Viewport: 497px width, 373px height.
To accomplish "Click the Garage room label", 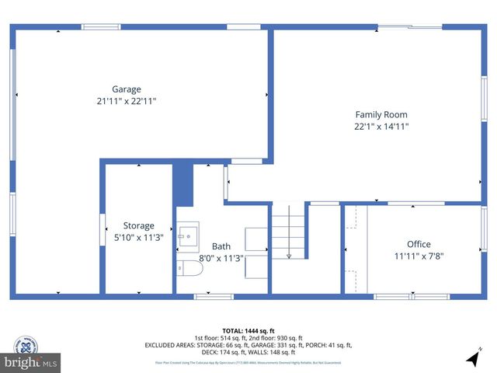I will [127, 89].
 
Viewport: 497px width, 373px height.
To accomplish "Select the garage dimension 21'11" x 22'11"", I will [127, 101].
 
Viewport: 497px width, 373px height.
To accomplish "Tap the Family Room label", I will [381, 115].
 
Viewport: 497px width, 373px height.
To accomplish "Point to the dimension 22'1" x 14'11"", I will [381, 127].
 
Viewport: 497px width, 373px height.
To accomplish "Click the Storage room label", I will [138, 226].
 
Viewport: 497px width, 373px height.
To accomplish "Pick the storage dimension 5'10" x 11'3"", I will [138, 238].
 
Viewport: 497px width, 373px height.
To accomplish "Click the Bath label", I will [221, 246].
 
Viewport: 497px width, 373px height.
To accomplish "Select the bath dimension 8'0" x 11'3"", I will [221, 258].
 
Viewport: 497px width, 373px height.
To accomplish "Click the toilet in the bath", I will [189, 268].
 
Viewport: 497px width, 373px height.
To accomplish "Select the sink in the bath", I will [188, 236].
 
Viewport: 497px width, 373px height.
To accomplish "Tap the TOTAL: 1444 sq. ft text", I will [248, 329].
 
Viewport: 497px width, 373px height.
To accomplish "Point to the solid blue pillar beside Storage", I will [182, 184].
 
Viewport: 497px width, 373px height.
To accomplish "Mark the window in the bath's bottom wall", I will [214, 296].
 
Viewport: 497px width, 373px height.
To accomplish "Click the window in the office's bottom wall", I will [411, 296].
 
